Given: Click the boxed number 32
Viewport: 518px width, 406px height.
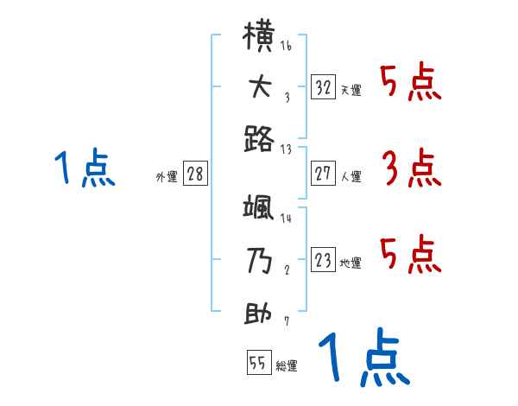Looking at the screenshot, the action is [324, 87].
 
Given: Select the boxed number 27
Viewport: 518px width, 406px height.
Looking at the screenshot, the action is [324, 174].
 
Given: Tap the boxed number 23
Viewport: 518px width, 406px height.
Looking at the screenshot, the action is [324, 260].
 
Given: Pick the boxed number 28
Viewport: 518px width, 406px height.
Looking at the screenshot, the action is [195, 174].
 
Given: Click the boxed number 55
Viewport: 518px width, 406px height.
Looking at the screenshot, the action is [258, 363].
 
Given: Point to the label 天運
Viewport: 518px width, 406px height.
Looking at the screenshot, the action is [351, 90].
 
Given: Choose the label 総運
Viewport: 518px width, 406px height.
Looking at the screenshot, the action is [286, 366].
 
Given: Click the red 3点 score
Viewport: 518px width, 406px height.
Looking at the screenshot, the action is [411, 168].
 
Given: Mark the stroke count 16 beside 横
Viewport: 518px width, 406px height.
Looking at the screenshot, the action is [286, 46].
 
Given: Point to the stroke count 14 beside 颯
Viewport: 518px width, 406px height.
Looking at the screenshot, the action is [286, 219].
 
